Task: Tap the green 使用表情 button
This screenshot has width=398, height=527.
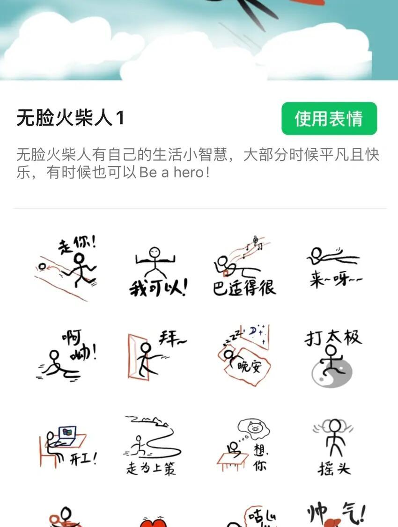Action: pyautogui.click(x=329, y=118)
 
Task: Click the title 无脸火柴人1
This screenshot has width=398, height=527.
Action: pyautogui.click(x=70, y=118)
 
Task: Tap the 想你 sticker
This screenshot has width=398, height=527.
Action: pyautogui.click(x=243, y=444)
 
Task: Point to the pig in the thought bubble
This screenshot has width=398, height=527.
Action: pyautogui.click(x=254, y=427)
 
